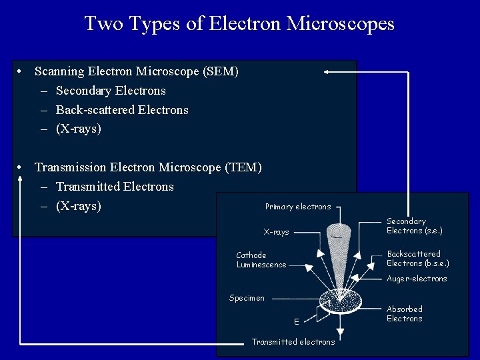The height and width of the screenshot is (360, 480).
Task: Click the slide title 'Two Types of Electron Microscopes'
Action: pos(239,24)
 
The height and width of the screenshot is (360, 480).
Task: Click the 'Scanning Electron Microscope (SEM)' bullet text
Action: pos(136,71)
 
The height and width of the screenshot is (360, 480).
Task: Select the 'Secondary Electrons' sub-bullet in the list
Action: pos(111,91)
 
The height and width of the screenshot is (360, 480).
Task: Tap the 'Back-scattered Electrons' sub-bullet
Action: pos(122,110)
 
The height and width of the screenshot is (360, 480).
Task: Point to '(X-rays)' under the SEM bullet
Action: pos(79,129)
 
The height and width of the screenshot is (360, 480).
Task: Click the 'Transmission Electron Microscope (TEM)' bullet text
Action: pos(148,167)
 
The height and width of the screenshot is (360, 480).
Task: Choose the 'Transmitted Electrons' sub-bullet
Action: pos(115,187)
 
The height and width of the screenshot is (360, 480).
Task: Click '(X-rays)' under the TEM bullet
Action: pos(79,206)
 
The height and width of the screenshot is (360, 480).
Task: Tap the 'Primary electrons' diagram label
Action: pos(297,207)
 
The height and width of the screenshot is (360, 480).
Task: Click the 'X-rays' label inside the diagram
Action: pos(276,232)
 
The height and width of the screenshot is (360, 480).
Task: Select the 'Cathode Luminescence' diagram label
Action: pos(261,260)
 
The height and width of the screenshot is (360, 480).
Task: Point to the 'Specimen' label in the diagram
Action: pos(247,298)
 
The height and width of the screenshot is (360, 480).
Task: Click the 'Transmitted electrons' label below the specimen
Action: pos(293,342)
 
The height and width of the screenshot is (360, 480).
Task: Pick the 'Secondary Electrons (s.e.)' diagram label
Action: pos(414,226)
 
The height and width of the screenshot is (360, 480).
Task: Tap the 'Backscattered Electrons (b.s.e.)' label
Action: pos(417,259)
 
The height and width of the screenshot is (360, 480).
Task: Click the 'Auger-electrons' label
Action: pos(417,279)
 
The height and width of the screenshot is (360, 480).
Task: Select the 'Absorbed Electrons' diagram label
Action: pos(404,314)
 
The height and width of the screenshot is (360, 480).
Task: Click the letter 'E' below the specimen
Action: pos(296,322)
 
